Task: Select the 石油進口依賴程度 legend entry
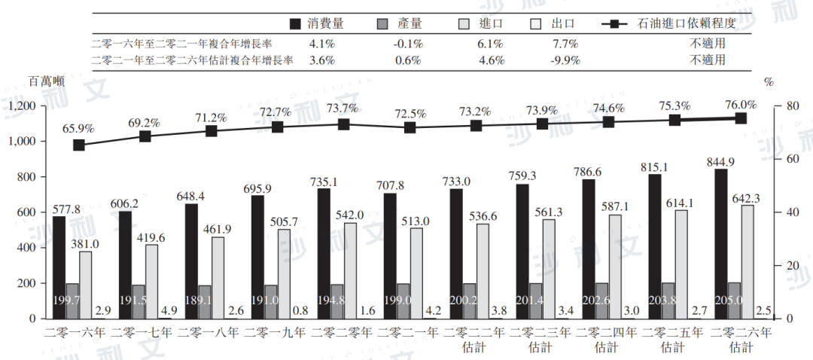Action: (x=674, y=23)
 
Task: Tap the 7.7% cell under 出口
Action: (x=565, y=43)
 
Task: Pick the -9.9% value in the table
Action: (x=565, y=60)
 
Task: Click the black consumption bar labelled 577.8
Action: (x=59, y=267)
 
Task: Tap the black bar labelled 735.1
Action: (x=324, y=253)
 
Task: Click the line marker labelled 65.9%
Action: (x=79, y=145)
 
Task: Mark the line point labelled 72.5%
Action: (x=410, y=128)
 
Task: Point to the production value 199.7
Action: (x=72, y=301)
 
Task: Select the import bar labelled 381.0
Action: (x=85, y=285)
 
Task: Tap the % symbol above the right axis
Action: (x=769, y=81)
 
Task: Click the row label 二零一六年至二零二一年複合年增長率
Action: (x=191, y=43)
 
